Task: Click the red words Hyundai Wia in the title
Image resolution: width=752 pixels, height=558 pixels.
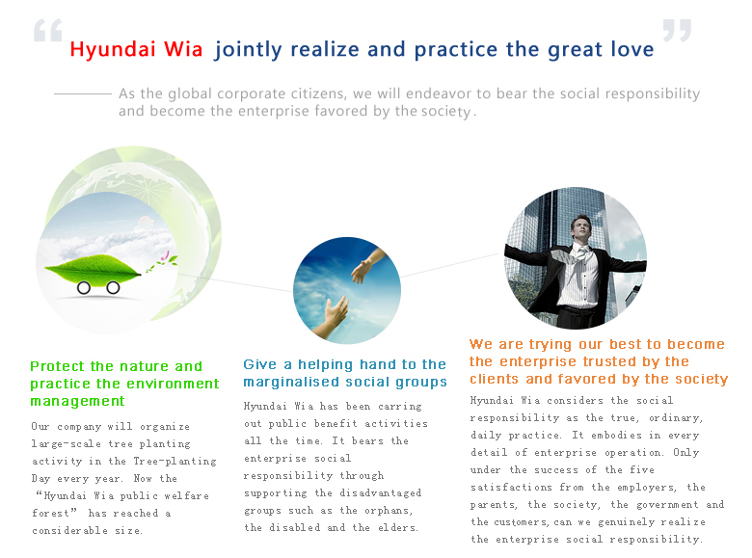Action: coord(136,50)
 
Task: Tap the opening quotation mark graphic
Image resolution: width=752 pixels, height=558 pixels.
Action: coord(48,30)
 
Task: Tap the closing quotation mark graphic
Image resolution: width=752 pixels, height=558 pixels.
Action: coord(677,30)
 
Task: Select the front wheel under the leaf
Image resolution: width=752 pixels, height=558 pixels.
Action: coord(113,287)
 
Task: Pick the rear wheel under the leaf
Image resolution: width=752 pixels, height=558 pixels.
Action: coord(84,287)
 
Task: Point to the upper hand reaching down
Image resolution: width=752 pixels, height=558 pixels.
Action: coord(367,266)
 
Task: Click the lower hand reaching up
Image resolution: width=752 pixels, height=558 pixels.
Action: coord(333,315)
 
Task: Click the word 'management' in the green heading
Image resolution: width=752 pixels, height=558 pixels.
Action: coord(77,401)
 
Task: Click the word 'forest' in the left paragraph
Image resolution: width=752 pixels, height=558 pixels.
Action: coord(54,513)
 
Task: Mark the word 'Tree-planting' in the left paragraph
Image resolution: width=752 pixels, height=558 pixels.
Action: coord(175,462)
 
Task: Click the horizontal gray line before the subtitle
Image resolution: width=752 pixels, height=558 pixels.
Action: coord(83,93)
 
